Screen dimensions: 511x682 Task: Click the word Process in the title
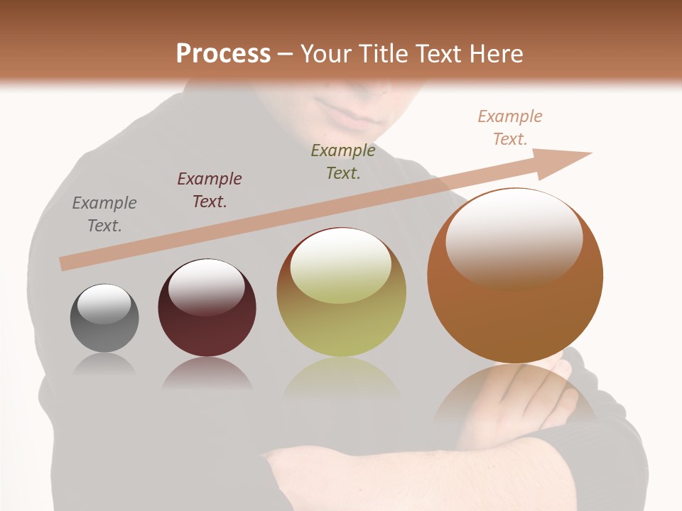[223, 53]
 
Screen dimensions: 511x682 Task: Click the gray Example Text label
[104, 214]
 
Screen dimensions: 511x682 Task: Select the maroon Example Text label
[210, 190]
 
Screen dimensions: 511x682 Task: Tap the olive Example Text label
[343, 161]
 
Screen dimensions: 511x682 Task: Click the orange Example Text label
[510, 128]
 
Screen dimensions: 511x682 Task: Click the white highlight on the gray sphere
[104, 304]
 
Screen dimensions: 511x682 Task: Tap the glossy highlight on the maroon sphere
[206, 287]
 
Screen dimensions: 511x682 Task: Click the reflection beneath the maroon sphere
[207, 374]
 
